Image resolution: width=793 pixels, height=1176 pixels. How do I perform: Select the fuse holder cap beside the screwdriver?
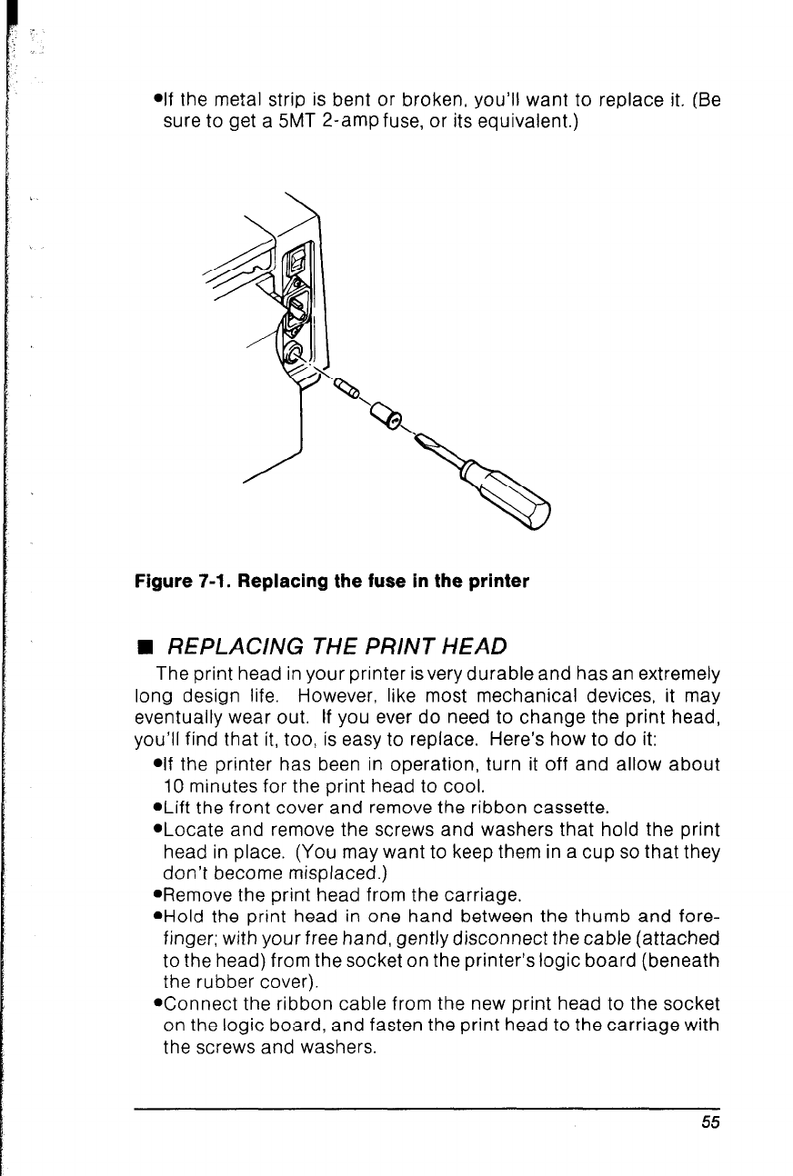point(386,417)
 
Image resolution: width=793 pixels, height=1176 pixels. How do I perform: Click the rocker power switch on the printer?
point(298,264)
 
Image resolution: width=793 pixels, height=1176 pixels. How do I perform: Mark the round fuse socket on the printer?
point(293,350)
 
